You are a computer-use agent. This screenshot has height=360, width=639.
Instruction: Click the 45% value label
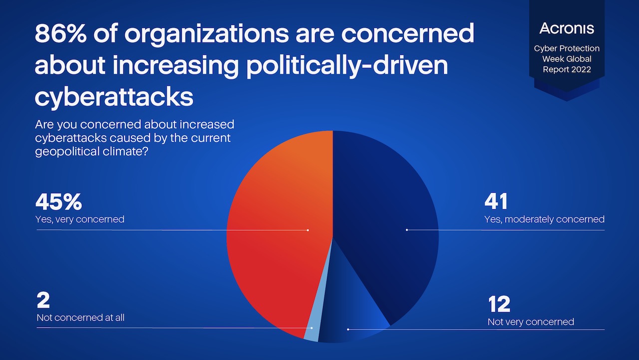pos(58,202)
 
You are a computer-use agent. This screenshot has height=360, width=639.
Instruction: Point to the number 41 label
pos(496,202)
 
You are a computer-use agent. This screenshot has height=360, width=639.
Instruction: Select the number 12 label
pos(499,304)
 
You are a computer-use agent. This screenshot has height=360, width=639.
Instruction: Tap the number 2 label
pos(44,301)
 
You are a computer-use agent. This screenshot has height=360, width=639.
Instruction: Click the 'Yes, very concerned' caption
pos(80,219)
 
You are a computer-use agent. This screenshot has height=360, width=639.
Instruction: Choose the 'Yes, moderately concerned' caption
pos(544,219)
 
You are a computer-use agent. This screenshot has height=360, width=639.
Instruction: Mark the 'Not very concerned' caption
pos(531,322)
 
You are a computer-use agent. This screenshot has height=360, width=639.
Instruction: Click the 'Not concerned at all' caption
pos(80,318)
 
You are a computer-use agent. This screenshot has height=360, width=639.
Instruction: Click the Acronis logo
pos(567,28)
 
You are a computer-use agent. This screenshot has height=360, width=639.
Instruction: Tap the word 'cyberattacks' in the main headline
pos(114,97)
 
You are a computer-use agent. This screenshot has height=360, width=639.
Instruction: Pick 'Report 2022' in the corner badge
pos(567,69)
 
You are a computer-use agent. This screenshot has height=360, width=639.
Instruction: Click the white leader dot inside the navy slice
pos(407,230)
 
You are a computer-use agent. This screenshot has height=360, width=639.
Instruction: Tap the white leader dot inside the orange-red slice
pos(308,230)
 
